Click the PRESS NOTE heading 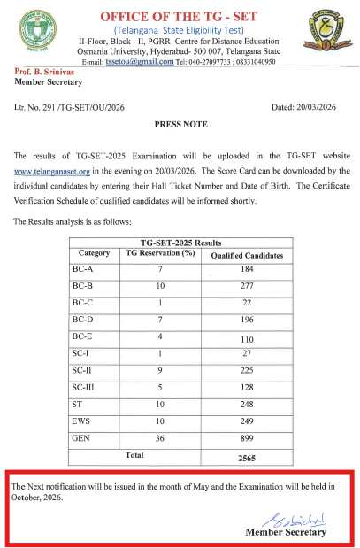pos(180,126)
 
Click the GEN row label pos(81,437)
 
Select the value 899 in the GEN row pos(247,437)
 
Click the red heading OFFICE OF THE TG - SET pos(180,17)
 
